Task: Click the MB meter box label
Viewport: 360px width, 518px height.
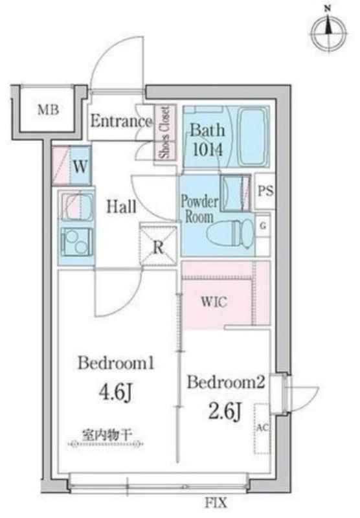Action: tap(48, 110)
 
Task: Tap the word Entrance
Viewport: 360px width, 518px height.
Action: tap(121, 121)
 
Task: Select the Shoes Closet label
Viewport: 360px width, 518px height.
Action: tap(164, 132)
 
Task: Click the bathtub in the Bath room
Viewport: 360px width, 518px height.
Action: tap(253, 137)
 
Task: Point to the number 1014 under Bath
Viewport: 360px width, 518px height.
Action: tap(208, 150)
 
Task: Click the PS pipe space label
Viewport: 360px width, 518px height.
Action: tap(265, 191)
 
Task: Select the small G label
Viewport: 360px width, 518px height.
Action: tap(264, 226)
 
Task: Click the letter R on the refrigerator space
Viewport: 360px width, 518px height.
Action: tap(159, 247)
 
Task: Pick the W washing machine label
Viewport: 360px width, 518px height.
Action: tap(80, 167)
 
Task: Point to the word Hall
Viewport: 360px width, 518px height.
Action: tap(121, 207)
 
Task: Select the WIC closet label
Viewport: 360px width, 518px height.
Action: tap(214, 302)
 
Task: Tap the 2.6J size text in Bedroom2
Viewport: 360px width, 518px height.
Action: tap(225, 412)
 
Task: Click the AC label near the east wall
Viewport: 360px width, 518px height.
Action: tap(263, 428)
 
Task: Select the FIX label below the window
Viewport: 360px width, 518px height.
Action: tap(216, 503)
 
